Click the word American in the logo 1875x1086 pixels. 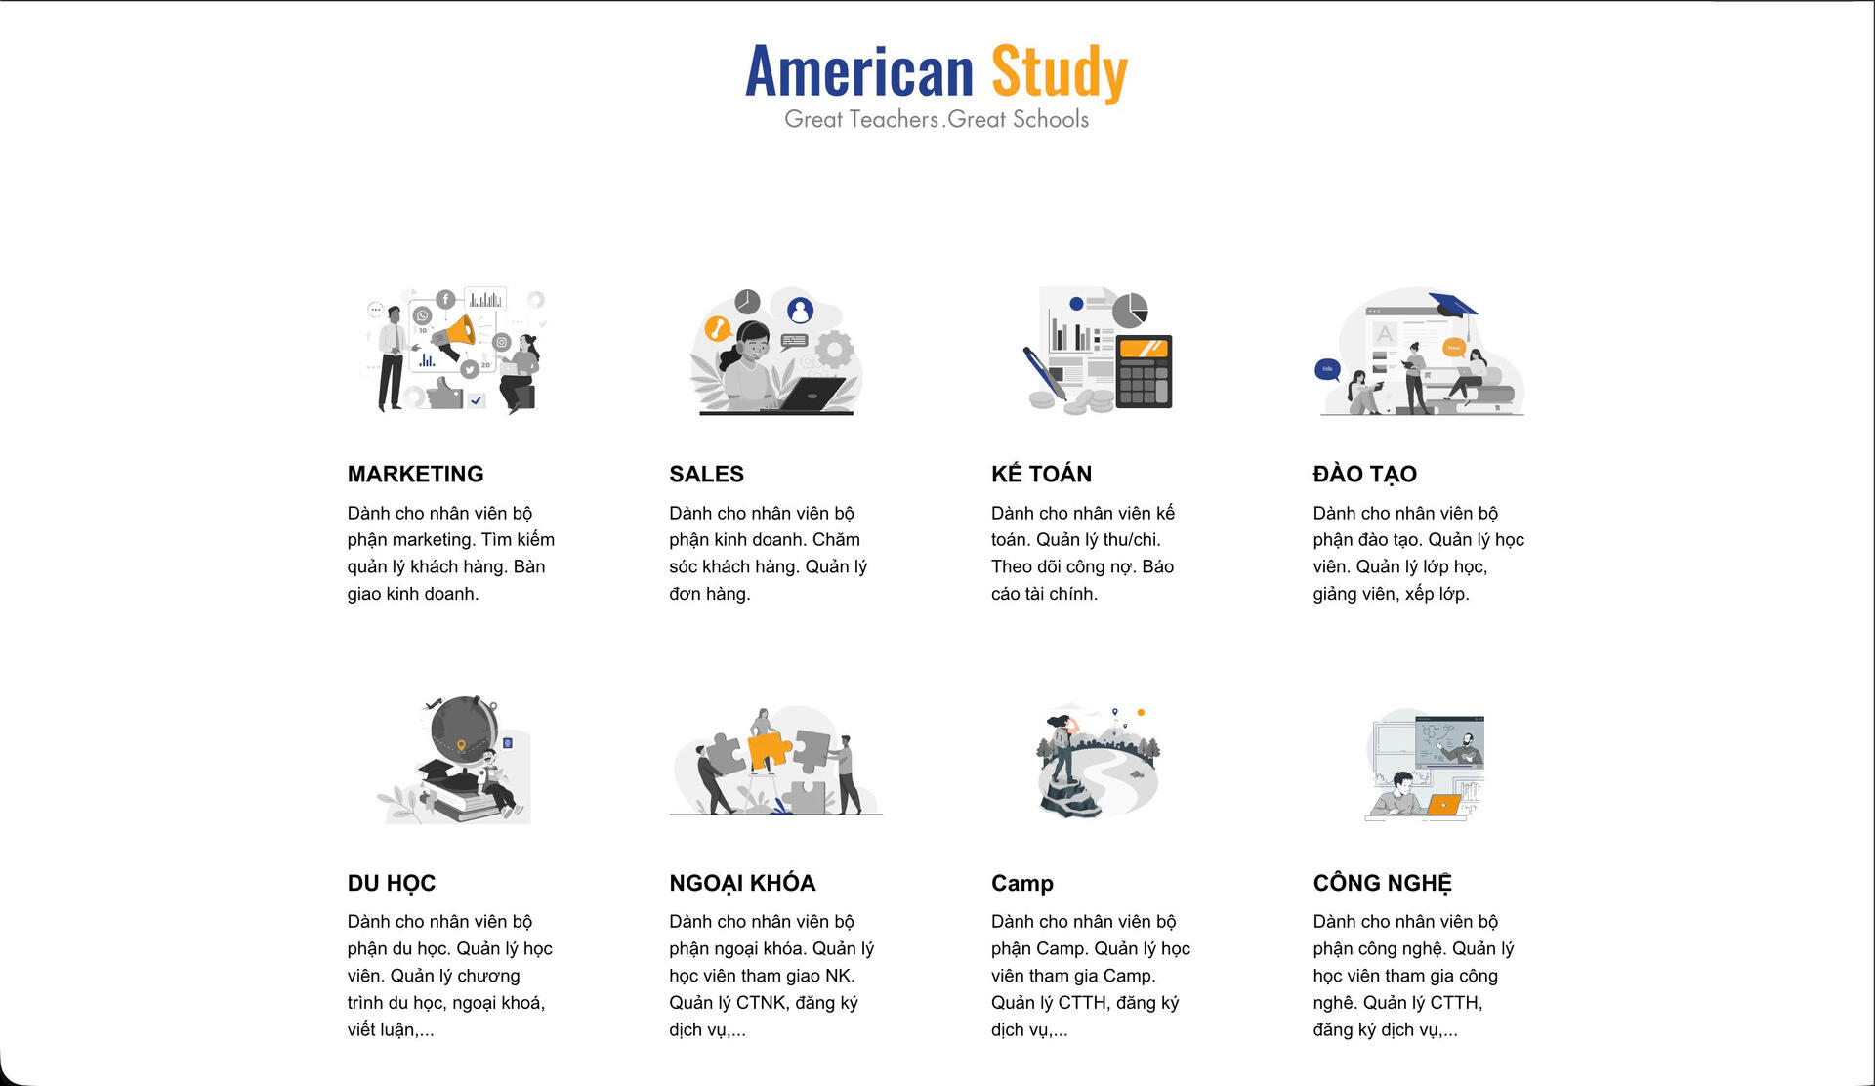859,72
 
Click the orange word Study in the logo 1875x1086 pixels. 1060,72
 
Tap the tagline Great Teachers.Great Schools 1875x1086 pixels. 937,119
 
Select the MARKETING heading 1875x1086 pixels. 415,474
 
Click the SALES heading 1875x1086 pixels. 706,474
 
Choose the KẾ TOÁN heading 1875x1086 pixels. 1041,474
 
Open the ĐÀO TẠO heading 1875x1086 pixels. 1364,474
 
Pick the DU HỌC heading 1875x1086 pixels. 391,883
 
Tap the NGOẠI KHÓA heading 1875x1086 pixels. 742,883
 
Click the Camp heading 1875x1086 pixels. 1021,883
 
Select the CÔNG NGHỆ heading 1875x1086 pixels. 1382,883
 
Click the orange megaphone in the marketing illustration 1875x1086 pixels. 455,334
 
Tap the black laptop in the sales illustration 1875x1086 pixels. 812,394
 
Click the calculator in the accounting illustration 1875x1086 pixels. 1144,371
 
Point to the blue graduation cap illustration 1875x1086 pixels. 1452,305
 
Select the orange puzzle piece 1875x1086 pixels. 769,750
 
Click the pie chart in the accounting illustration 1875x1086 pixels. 1130,310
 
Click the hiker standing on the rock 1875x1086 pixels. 1061,748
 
